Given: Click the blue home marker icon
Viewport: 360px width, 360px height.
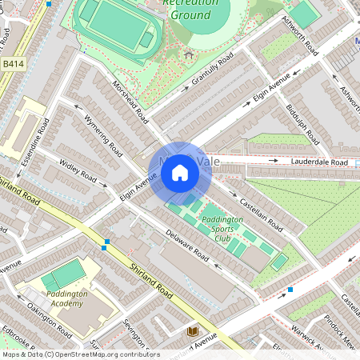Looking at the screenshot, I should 180,172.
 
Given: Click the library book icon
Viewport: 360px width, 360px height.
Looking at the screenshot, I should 191,331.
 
